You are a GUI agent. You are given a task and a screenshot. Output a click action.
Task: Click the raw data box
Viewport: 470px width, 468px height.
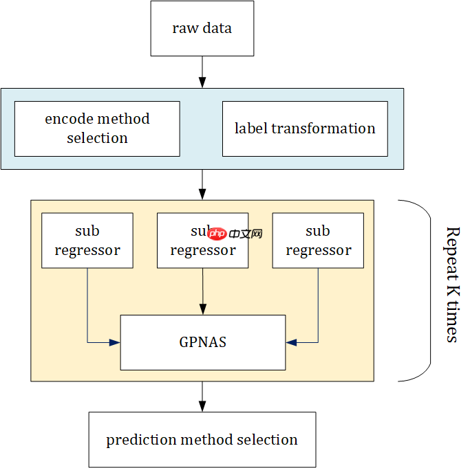pos(202,29)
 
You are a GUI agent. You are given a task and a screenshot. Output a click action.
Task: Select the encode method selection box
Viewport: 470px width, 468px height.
pos(97,129)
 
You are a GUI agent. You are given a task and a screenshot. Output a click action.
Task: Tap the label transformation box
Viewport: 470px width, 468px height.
pos(305,129)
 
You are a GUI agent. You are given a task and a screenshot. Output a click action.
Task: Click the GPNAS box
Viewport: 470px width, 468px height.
pos(202,342)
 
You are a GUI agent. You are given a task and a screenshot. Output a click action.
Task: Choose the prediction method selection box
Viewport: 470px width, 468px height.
pos(202,440)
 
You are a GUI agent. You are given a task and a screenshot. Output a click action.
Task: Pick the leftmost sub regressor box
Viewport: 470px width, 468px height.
pos(87,241)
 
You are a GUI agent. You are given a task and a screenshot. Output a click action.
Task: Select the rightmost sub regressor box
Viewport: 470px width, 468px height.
pos(318,241)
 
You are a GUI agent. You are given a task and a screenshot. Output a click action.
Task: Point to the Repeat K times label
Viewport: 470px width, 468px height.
pos(451,285)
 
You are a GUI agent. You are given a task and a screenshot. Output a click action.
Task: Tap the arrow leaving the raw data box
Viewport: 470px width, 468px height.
pos(202,71)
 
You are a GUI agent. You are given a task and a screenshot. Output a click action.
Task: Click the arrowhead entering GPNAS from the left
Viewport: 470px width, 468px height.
pos(115,342)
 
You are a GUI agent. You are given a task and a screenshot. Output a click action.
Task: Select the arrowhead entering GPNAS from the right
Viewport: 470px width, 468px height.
pos(291,342)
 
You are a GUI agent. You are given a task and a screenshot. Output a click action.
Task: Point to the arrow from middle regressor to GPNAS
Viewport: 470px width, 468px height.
pos(202,291)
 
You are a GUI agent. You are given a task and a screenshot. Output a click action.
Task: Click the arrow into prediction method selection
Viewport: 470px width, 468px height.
pos(202,397)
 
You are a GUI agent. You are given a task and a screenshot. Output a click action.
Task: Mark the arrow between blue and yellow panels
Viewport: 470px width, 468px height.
pos(202,184)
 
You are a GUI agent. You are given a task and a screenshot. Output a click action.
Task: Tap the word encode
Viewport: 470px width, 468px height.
pos(66,119)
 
